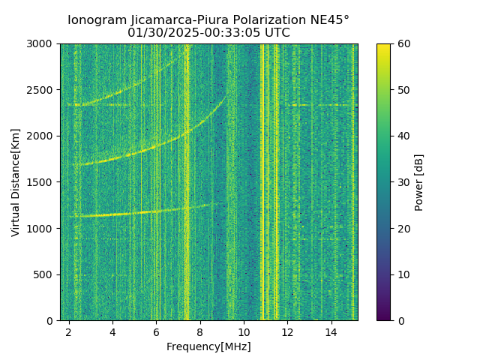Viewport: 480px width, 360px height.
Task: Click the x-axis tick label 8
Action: [x=200, y=331]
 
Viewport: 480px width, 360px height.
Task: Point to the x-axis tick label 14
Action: [x=331, y=331]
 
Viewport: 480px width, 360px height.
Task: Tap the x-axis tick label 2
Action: [x=69, y=331]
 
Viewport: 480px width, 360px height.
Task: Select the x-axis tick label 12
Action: [x=287, y=331]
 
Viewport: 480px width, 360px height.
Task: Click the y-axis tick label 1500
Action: [x=42, y=182]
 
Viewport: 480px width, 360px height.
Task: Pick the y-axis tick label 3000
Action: [x=42, y=44]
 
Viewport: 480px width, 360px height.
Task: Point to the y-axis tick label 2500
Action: [x=42, y=90]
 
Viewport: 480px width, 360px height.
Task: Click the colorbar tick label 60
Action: [x=403, y=44]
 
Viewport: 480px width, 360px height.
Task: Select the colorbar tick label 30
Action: [x=403, y=182]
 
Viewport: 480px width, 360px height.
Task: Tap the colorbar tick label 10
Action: [x=403, y=274]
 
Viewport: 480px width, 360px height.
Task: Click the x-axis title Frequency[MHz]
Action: [x=208, y=346]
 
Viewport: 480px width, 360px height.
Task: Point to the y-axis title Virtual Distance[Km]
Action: [x=16, y=182]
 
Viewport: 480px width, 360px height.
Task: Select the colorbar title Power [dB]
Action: [x=419, y=182]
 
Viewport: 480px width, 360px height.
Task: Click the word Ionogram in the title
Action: [x=95, y=20]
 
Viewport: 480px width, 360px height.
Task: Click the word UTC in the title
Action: [x=277, y=33]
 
